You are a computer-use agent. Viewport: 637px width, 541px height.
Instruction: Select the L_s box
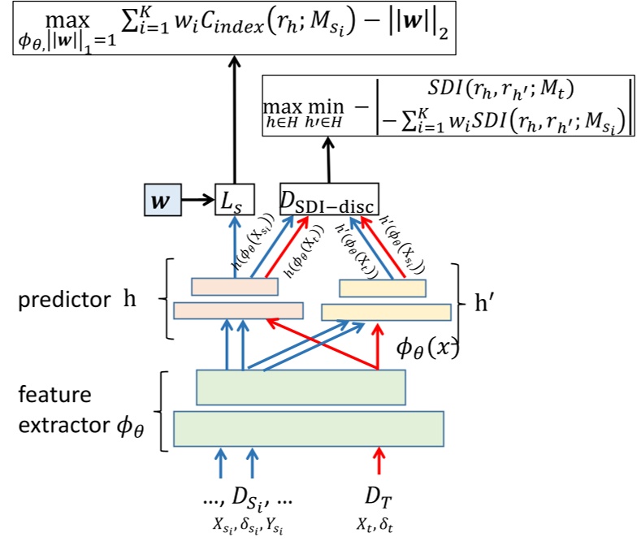pyautogui.click(x=234, y=198)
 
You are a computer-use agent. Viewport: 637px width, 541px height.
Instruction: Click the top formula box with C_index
pyautogui.click(x=236, y=28)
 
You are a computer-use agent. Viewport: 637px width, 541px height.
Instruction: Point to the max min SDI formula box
pyautogui.click(x=446, y=106)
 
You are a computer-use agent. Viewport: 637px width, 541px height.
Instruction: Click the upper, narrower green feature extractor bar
pyautogui.click(x=301, y=387)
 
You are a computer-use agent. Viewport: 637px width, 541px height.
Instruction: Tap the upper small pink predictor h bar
pyautogui.click(x=235, y=287)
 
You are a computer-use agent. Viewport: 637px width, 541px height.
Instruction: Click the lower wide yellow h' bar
pyautogui.click(x=386, y=311)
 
